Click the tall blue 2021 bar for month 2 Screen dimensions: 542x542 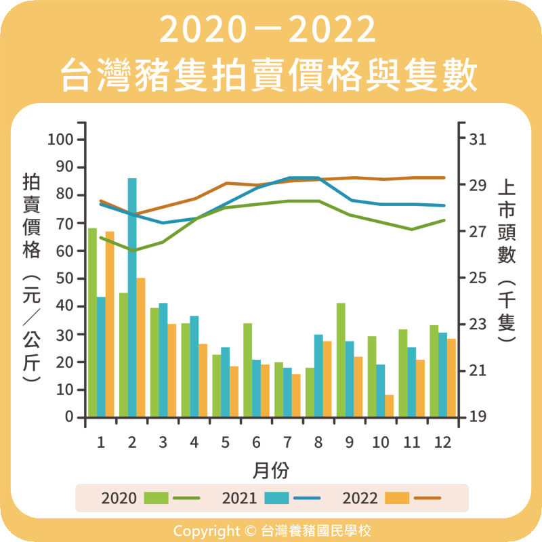tap(132, 298)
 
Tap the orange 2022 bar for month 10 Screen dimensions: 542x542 tap(390, 406)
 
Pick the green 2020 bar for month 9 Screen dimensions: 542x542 tap(341, 360)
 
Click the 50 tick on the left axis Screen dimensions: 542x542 tap(64, 278)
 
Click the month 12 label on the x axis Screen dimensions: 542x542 tap(442, 442)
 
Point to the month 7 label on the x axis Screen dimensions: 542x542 tap(287, 442)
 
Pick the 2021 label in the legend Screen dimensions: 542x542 tap(239, 499)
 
